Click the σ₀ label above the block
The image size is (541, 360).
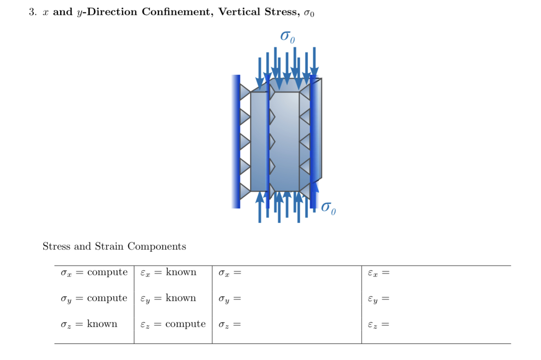287,37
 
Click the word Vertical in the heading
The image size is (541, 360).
239,12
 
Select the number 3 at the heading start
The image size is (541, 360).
33,12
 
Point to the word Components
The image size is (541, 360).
157,247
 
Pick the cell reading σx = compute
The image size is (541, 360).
94,273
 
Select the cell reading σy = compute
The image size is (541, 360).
94,299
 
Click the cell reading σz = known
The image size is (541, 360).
89,324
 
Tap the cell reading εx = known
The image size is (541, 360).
168,273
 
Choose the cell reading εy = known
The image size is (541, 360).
168,299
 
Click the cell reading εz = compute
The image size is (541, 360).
173,324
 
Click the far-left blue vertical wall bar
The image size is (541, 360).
236,142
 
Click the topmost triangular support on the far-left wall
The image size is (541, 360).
245,92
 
